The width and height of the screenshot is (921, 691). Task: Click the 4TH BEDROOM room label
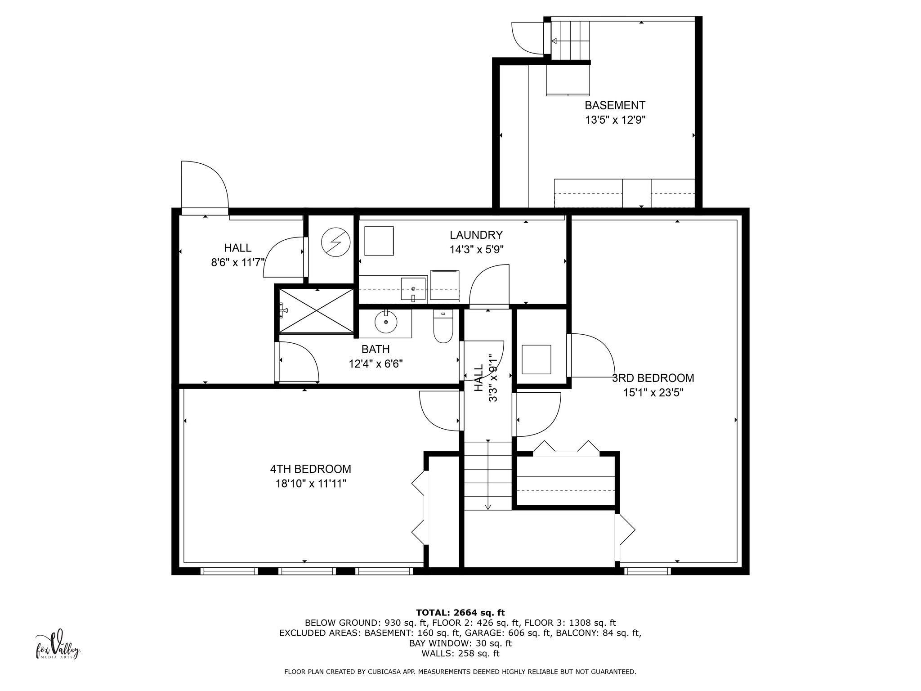(x=310, y=469)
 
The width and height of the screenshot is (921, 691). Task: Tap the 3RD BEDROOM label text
(x=653, y=378)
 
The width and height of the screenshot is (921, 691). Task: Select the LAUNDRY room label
(x=476, y=235)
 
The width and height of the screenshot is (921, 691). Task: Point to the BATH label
(x=376, y=349)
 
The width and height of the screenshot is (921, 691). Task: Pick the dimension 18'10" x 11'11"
(x=311, y=484)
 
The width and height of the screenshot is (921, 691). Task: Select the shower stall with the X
(x=317, y=311)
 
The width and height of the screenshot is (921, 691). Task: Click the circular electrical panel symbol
(x=335, y=243)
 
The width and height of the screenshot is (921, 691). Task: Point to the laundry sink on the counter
(x=413, y=289)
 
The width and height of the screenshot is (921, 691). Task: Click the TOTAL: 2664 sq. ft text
(x=460, y=613)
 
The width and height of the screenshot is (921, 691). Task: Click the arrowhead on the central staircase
(x=488, y=507)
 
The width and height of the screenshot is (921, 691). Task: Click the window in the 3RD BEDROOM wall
(x=648, y=571)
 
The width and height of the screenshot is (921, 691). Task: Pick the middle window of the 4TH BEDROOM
(x=307, y=571)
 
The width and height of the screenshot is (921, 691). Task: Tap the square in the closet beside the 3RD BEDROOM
(x=536, y=359)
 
